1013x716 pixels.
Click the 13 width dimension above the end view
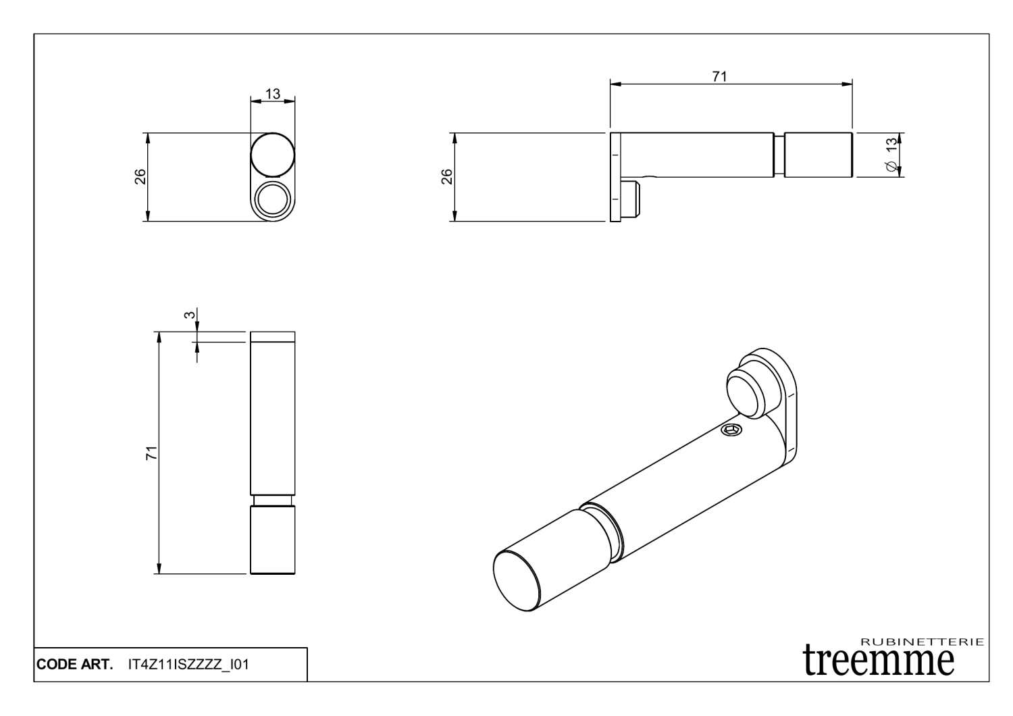point(273,94)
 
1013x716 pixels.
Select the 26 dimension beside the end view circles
point(140,176)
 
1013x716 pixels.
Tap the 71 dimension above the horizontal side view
point(720,76)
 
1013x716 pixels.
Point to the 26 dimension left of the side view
point(447,176)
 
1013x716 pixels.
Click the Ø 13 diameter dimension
point(891,155)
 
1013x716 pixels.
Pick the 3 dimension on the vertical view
point(190,315)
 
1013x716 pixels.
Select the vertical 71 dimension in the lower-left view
point(153,453)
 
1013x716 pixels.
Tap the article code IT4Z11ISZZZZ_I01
point(188,665)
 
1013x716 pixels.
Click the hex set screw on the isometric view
point(731,430)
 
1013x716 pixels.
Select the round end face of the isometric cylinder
point(517,582)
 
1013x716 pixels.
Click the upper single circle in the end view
point(273,155)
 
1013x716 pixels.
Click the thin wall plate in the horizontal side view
point(615,177)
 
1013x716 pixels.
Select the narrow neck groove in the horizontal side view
point(779,155)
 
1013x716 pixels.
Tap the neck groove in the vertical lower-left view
point(272,501)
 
